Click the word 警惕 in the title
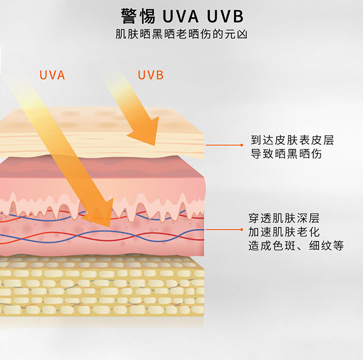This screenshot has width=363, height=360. pyautogui.click(x=138, y=16)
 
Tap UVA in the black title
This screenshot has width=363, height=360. pyautogui.click(x=181, y=16)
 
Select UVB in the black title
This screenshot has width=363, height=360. pyautogui.click(x=225, y=16)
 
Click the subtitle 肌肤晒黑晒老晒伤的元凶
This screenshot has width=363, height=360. pyautogui.click(x=181, y=34)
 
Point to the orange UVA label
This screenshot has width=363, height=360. pyautogui.click(x=52, y=75)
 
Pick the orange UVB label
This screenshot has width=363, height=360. pyautogui.click(x=151, y=75)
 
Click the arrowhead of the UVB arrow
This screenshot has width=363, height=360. pyautogui.click(x=146, y=132)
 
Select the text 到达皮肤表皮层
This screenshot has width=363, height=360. pyautogui.click(x=292, y=140)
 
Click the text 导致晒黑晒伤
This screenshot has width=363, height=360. pyautogui.click(x=286, y=154)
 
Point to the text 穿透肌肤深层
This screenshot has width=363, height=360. pyautogui.click(x=284, y=218)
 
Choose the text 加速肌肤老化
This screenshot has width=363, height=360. pyautogui.click(x=284, y=232)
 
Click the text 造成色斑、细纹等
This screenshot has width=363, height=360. pyautogui.click(x=296, y=246)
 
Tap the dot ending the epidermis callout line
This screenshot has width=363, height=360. pyautogui.click(x=242, y=145)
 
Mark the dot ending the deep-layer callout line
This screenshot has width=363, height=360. pyautogui.click(x=242, y=230)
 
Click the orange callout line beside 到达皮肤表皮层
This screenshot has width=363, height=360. pyautogui.click(x=224, y=145)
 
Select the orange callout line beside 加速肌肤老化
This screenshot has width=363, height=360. pyautogui.click(x=224, y=230)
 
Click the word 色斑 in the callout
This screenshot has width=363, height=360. pyautogui.click(x=284, y=246)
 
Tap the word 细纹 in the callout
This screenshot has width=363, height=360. pyautogui.click(x=320, y=246)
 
